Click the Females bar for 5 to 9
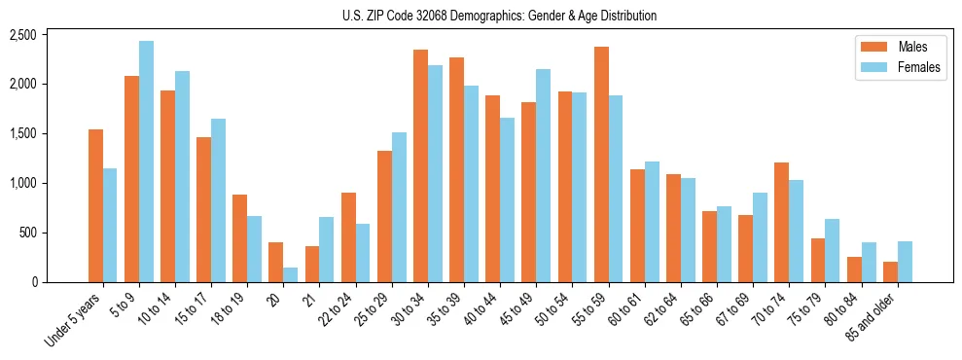point(146,162)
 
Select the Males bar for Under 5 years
point(95,205)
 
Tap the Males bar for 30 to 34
point(420,165)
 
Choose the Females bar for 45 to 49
point(543,175)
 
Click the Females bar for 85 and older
point(905,262)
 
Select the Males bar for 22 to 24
point(348,237)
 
